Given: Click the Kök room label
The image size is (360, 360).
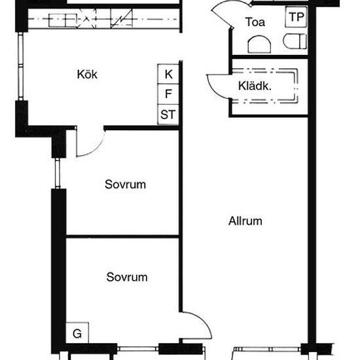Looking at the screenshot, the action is click(x=87, y=75).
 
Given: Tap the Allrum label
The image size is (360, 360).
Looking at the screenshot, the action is click(x=245, y=221).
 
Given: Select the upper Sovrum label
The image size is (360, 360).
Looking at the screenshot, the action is click(x=125, y=185).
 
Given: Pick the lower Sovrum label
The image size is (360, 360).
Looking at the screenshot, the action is click(x=127, y=277).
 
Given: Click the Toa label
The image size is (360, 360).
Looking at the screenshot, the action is click(x=255, y=22).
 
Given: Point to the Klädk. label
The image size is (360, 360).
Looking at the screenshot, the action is click(x=255, y=86).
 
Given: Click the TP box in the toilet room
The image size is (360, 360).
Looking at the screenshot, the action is click(x=296, y=17).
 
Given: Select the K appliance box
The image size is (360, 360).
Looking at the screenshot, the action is click(x=168, y=74).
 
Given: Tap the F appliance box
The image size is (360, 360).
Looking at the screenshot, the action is click(x=168, y=94).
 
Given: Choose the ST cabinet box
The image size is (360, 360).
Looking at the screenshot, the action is click(x=168, y=115).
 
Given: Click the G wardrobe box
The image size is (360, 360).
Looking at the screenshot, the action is click(x=77, y=333).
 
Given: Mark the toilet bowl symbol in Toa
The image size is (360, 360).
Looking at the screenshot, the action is click(x=295, y=41).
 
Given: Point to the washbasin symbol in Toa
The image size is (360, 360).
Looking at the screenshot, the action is click(x=259, y=45).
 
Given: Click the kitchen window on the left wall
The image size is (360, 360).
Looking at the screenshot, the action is click(x=21, y=66).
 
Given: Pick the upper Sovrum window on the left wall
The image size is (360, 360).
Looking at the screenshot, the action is click(x=58, y=173).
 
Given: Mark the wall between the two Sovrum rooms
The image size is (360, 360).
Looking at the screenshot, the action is click(x=122, y=236).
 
